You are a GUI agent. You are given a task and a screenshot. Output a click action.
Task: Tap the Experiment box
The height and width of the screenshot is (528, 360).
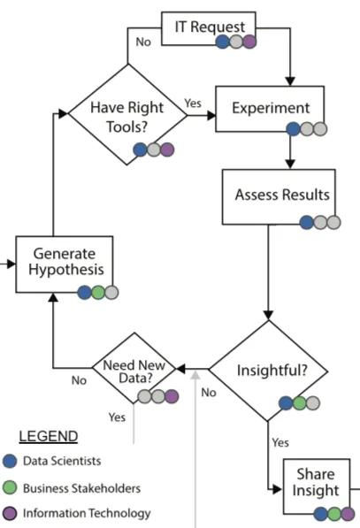coord(270,109)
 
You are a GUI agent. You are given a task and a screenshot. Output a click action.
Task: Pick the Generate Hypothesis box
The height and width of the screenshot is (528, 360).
coord(64,263)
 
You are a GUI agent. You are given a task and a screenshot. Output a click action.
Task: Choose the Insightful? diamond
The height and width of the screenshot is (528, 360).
coord(268,370)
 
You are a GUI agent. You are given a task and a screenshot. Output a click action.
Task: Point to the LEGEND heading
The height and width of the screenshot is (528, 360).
coord(49,437)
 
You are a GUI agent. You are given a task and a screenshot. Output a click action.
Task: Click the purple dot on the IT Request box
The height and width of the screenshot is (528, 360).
coord(249,42)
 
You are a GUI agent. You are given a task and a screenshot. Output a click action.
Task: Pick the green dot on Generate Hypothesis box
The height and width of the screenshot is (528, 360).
coord(97,293)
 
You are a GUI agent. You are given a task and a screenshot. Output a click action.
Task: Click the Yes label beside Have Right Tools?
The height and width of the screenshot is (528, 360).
coord(193,103)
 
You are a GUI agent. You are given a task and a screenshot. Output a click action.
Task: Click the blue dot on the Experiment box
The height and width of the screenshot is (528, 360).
coord(293,129)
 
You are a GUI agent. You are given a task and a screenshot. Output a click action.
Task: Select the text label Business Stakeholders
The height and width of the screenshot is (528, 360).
coord(80,487)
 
